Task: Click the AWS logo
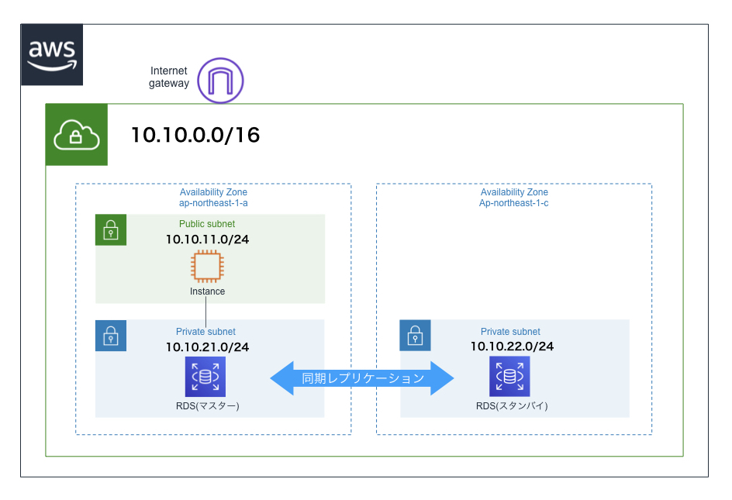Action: pyautogui.click(x=52, y=54)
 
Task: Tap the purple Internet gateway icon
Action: pyautogui.click(x=220, y=80)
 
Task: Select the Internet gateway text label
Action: pyautogui.click(x=169, y=77)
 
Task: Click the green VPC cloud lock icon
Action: pyautogui.click(x=76, y=135)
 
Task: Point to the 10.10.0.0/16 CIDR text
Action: pyautogui.click(x=195, y=136)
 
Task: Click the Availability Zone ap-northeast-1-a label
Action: pyautogui.click(x=213, y=198)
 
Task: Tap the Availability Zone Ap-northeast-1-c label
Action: pyautogui.click(x=514, y=198)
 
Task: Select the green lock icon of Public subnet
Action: pyautogui.click(x=111, y=229)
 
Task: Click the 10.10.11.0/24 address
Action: pyautogui.click(x=207, y=239)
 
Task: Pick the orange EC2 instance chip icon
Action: pyautogui.click(x=207, y=267)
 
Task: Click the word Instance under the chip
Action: pyautogui.click(x=207, y=291)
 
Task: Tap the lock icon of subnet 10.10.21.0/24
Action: pyautogui.click(x=111, y=335)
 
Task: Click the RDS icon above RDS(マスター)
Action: pyautogui.click(x=205, y=377)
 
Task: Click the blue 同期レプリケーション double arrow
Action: pyautogui.click(x=362, y=378)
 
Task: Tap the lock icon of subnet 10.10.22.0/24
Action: pyautogui.click(x=416, y=335)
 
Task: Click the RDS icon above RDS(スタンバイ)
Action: pyautogui.click(x=510, y=377)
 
